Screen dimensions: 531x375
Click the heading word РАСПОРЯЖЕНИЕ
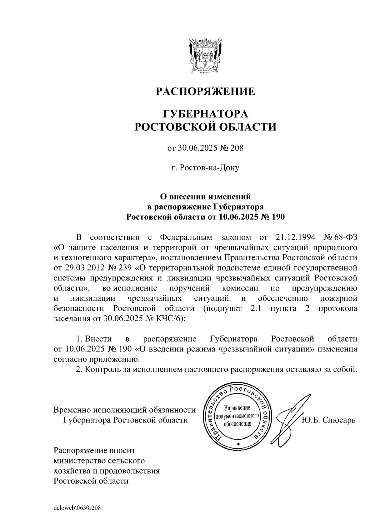click(x=205, y=92)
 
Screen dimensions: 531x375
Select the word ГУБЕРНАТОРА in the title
click(x=205, y=114)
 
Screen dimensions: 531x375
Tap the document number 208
click(x=236, y=148)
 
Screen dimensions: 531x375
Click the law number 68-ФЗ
click(x=346, y=237)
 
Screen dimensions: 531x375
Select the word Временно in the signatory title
click(x=72, y=410)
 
